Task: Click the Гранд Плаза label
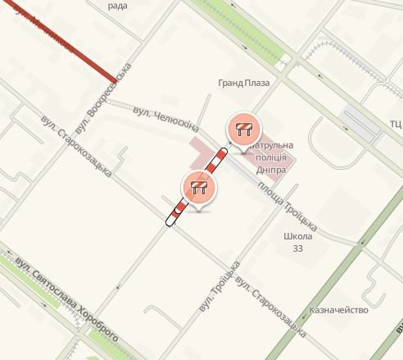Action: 243,83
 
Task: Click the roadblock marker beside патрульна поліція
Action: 243,130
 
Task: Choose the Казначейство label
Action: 336,311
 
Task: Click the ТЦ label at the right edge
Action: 395,124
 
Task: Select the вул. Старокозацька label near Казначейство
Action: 269,308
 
